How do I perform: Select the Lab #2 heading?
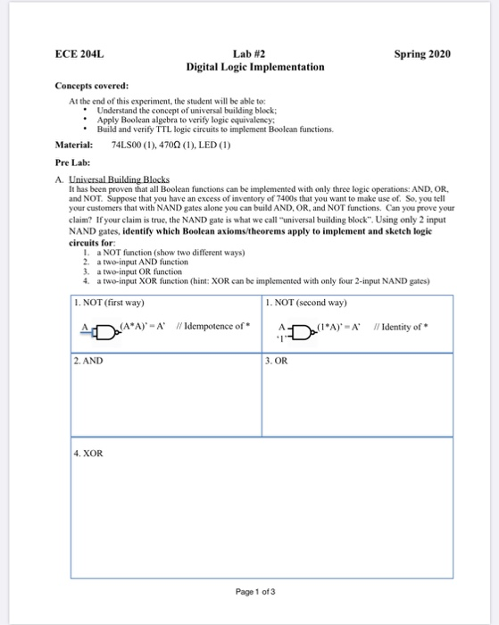click(254, 54)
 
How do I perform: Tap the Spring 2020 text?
click(422, 54)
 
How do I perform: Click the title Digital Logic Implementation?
click(254, 67)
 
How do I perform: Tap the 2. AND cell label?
click(89, 362)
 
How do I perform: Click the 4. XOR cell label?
click(90, 453)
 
